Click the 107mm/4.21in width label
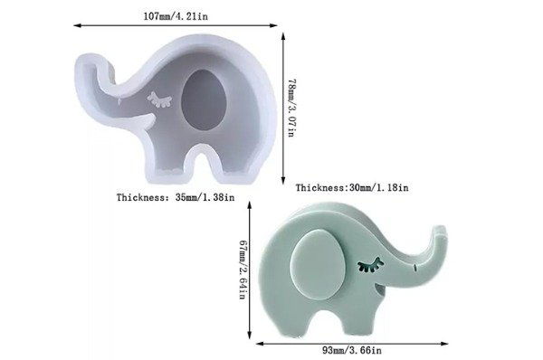click(176, 16)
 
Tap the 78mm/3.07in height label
click(291, 108)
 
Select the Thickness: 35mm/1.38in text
click(176, 197)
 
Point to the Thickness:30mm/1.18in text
click(352, 187)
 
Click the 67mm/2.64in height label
click(243, 270)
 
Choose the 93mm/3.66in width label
click(352, 350)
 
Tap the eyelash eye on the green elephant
click(370, 265)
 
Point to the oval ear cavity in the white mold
click(204, 99)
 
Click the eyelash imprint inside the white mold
click(159, 99)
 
